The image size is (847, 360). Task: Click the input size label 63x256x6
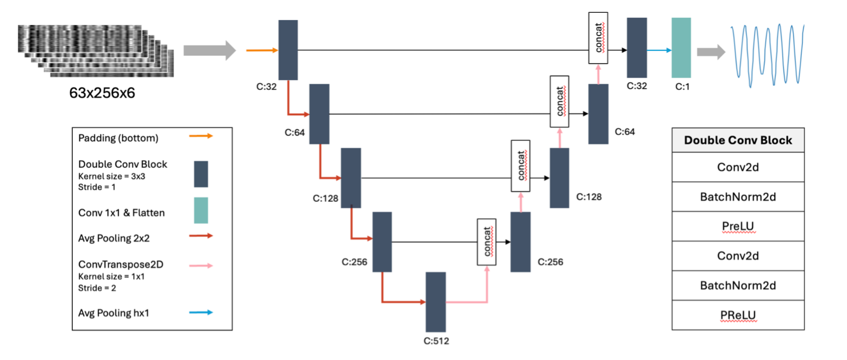[102, 93]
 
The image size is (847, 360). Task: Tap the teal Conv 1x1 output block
[681, 48]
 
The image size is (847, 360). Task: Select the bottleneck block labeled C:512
[435, 302]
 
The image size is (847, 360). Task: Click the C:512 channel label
[436, 341]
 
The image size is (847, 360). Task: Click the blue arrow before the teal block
[659, 50]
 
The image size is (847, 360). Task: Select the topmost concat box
[598, 38]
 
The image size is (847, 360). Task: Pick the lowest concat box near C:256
[486, 242]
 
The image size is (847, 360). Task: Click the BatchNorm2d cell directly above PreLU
[738, 197]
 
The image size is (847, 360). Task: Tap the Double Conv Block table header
[738, 140]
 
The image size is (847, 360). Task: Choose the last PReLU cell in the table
[738, 315]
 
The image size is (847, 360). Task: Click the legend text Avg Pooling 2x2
[114, 238]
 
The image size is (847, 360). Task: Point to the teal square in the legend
[201, 210]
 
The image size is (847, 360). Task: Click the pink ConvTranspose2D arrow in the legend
[201, 265]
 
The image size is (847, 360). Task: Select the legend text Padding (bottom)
[118, 138]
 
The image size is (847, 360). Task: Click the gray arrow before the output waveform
[711, 52]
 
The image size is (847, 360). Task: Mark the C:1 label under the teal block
[682, 87]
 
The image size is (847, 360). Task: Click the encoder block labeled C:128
[350, 178]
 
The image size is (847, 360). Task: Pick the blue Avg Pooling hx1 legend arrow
[201, 313]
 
